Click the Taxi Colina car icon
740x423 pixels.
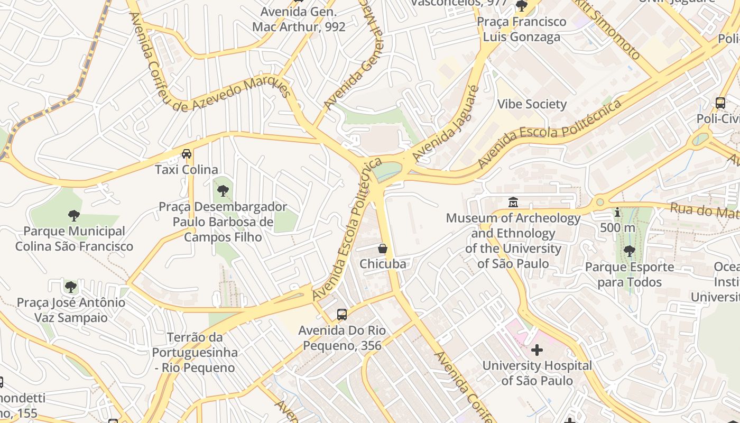[x=187, y=154]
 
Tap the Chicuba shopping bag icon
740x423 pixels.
[x=383, y=248]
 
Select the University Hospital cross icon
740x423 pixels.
[x=537, y=350]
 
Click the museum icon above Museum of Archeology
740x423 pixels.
[x=513, y=202]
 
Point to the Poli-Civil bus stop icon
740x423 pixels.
[x=720, y=103]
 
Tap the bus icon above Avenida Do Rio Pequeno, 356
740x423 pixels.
[x=342, y=315]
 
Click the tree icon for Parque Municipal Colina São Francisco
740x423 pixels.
[x=74, y=215]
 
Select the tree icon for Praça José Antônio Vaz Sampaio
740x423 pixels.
[x=71, y=287]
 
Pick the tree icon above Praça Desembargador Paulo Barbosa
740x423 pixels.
[x=223, y=191]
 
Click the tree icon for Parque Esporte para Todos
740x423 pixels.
[x=629, y=251]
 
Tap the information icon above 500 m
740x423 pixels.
[x=617, y=213]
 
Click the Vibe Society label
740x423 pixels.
[x=532, y=104]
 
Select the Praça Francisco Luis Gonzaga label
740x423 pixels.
[x=521, y=29]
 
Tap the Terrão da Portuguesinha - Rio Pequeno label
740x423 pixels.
[x=195, y=352]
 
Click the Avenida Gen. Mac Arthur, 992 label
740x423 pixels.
[x=299, y=19]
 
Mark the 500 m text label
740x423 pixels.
[x=617, y=227]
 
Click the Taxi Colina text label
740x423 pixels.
[x=187, y=170]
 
